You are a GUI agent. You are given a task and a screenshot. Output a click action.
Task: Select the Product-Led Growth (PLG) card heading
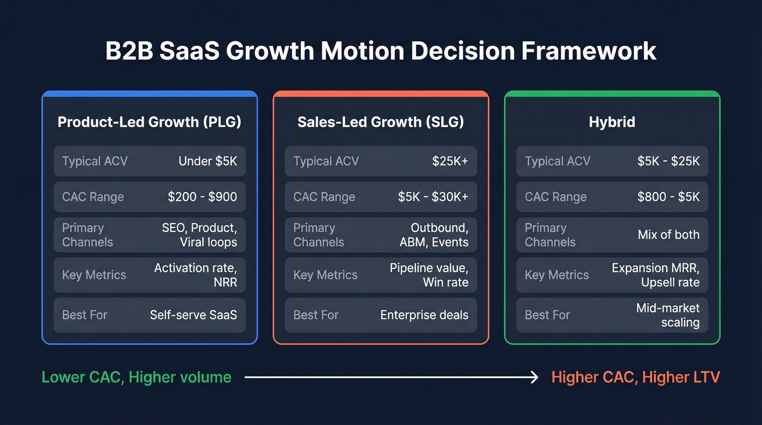pyautogui.click(x=149, y=122)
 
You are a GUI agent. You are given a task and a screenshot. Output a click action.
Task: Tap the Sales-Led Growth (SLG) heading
pyautogui.click(x=380, y=122)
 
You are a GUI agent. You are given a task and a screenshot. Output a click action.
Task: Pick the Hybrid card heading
pyautogui.click(x=612, y=122)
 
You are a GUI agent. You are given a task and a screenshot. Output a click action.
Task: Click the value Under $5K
pyautogui.click(x=207, y=161)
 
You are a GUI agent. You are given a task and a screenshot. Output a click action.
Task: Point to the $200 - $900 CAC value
pyautogui.click(x=202, y=197)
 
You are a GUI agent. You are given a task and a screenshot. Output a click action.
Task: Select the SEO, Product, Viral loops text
pyautogui.click(x=199, y=235)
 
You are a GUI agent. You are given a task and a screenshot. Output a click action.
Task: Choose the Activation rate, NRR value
pyautogui.click(x=195, y=275)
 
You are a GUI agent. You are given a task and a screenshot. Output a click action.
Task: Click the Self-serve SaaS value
pyautogui.click(x=193, y=315)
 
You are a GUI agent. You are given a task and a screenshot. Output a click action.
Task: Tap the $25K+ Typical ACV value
pyautogui.click(x=450, y=161)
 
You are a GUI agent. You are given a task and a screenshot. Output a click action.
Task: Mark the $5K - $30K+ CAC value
pyautogui.click(x=433, y=197)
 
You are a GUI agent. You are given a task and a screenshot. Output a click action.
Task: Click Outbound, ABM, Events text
pyautogui.click(x=434, y=235)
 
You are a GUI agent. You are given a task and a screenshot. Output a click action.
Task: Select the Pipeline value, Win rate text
pyautogui.click(x=429, y=275)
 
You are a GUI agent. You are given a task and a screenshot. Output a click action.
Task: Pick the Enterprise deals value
pyautogui.click(x=424, y=315)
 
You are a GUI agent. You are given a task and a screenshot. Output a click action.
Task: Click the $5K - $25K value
pyautogui.click(x=668, y=161)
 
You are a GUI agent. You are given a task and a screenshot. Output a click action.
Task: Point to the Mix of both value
pyautogui.click(x=668, y=235)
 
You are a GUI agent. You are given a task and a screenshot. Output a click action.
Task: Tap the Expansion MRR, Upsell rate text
pyautogui.click(x=655, y=275)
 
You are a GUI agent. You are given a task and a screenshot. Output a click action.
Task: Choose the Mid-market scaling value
pyautogui.click(x=668, y=315)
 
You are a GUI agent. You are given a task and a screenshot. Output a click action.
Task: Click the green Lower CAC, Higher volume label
pyautogui.click(x=137, y=377)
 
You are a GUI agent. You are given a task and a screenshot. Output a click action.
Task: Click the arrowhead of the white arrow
pyautogui.click(x=535, y=377)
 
